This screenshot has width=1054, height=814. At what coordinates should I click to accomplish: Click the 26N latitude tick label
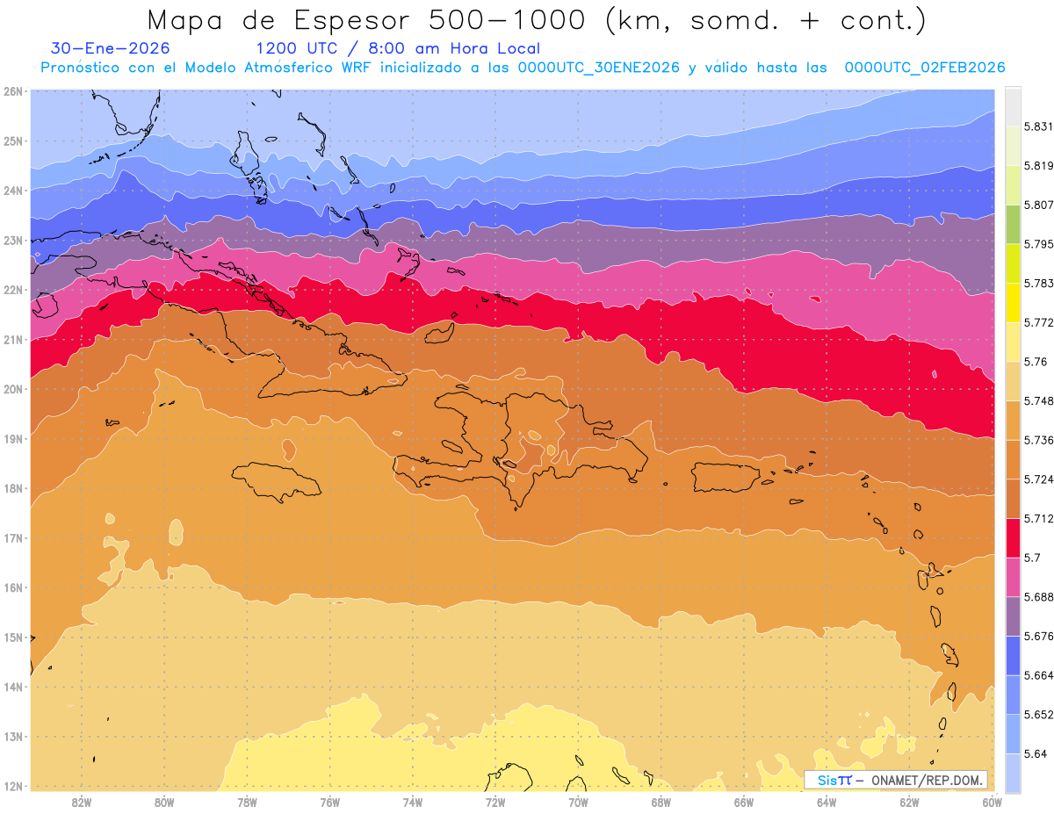(12, 91)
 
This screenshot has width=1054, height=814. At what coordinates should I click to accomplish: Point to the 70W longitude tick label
(578, 802)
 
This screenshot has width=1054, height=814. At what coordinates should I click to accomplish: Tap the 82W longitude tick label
(82, 802)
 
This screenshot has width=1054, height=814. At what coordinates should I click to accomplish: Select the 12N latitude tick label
(12, 786)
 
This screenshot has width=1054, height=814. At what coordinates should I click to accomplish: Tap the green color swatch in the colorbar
(1013, 224)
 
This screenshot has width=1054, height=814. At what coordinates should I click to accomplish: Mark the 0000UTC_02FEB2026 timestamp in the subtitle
(925, 68)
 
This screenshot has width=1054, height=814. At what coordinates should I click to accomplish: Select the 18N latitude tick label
(12, 488)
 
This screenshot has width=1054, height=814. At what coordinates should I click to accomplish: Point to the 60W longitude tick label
(993, 802)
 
